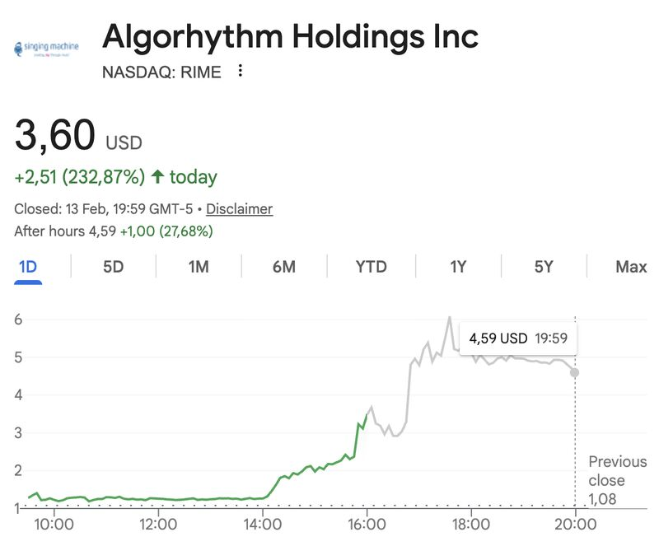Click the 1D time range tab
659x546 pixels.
point(27,267)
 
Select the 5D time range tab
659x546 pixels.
point(113,267)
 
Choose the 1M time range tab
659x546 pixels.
point(198,267)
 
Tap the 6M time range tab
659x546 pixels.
point(283,267)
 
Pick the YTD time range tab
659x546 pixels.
point(371,267)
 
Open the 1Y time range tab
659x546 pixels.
point(458,267)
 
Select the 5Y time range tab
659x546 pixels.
point(544,267)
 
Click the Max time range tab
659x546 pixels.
point(631,267)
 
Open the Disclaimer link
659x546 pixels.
point(239,209)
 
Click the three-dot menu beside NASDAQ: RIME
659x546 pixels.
point(241,72)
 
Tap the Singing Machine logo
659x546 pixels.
point(46,48)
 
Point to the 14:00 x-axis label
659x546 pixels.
point(262,524)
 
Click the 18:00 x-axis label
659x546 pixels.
point(471,524)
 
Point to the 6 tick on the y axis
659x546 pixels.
point(18,320)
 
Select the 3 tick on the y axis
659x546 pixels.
point(18,432)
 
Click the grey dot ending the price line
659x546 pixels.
point(574,372)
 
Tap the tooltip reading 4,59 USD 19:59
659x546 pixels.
point(517,338)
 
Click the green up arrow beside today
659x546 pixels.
point(157,177)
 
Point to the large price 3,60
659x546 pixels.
point(54,136)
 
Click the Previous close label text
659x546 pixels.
point(617,471)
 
